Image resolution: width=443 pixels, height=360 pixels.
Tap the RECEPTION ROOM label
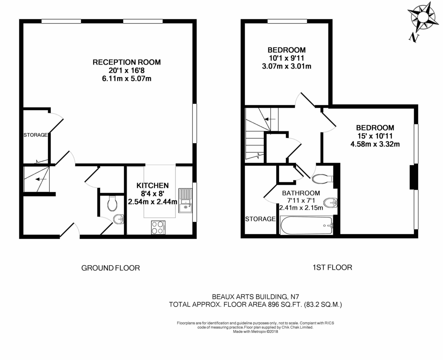(127, 62)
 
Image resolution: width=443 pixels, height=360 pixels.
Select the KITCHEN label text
(152, 185)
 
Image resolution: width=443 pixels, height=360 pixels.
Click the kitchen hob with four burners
(158, 227)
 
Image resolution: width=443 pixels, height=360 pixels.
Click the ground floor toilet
(112, 203)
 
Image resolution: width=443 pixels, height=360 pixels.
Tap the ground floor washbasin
(119, 219)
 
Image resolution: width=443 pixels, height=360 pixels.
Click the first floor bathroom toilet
(320, 179)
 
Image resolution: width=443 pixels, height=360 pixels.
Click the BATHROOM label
(301, 193)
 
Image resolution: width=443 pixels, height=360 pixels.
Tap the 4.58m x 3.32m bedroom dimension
(375, 144)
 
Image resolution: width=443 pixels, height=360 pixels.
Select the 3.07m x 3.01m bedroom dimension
(286, 66)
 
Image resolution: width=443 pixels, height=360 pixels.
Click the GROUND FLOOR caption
(110, 268)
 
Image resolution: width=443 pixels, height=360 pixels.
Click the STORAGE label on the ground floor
(35, 135)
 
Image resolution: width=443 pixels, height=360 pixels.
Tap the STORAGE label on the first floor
(260, 219)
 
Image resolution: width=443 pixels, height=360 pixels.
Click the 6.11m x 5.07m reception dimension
(127, 78)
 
